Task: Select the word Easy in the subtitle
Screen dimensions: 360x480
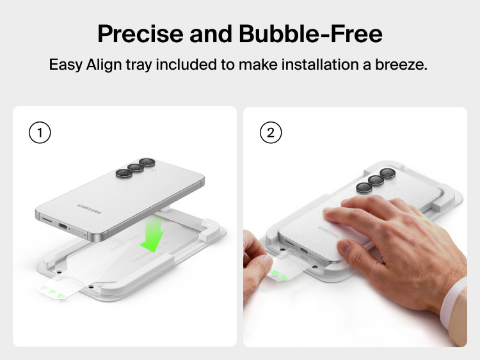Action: tap(64, 65)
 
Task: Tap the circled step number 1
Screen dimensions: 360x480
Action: tap(40, 133)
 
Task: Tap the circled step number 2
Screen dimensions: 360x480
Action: tap(271, 133)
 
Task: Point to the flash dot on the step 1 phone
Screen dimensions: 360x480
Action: tap(154, 171)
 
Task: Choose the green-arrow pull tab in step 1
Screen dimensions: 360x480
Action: tap(54, 291)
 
